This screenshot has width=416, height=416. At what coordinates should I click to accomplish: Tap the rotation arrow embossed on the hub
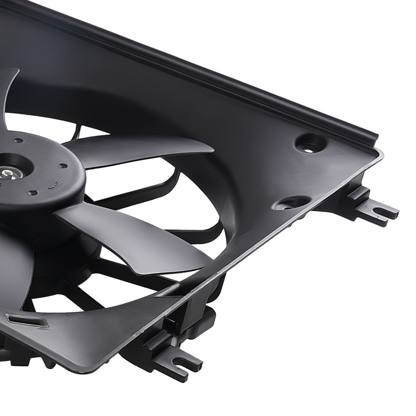[x=55, y=181]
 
